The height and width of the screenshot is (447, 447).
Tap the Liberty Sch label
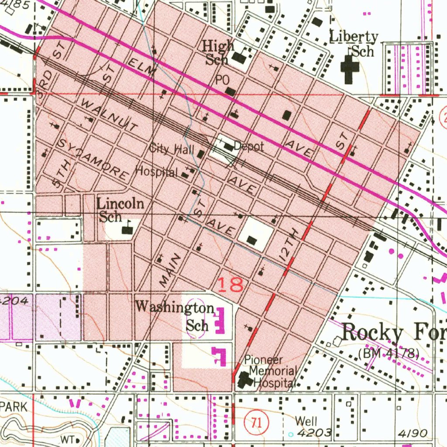pyautogui.click(x=354, y=44)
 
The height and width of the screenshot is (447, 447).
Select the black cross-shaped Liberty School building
pyautogui.click(x=349, y=69)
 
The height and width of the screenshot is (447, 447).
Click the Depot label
pyautogui.click(x=249, y=147)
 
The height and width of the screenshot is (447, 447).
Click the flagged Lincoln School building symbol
pyautogui.click(x=127, y=229)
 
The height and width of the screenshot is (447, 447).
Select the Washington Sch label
pyautogui.click(x=175, y=315)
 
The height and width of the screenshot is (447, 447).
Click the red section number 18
pyautogui.click(x=230, y=285)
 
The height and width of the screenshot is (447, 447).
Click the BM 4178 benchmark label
pyautogui.click(x=389, y=353)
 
